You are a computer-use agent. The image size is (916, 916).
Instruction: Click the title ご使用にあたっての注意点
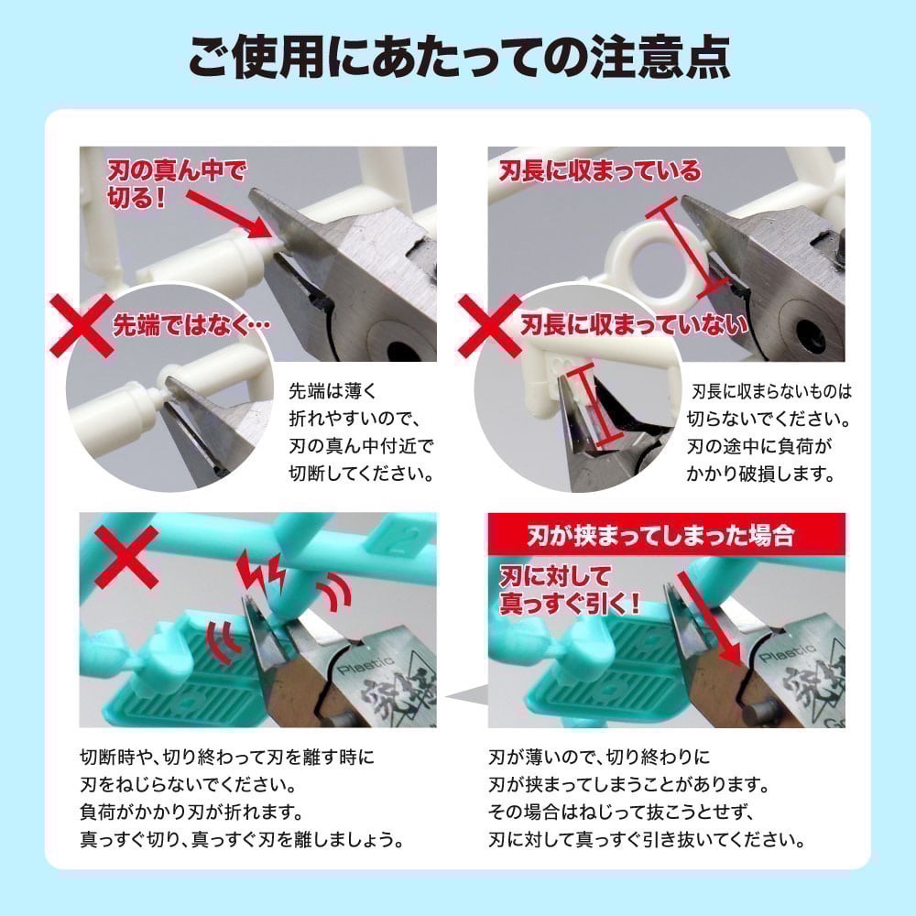point(458,57)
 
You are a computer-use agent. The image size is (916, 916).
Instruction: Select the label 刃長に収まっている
point(599,171)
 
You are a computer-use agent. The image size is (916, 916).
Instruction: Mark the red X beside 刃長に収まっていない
point(490,325)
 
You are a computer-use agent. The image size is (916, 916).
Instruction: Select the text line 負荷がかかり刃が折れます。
point(192,812)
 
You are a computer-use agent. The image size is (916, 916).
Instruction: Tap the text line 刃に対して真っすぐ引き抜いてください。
point(647,840)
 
